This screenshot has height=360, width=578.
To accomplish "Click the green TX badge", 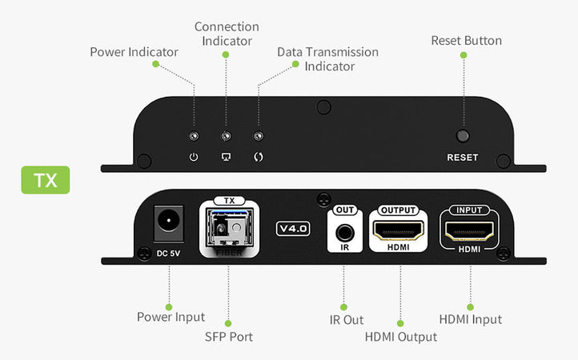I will point(46,180).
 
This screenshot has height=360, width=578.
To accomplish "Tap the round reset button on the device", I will point(462,137).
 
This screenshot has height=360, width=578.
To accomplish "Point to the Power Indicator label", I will point(134,52).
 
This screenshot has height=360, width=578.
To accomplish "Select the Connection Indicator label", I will point(227,34).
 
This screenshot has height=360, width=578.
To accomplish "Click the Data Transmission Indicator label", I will point(327,58).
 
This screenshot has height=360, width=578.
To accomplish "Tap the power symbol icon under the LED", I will point(193,156).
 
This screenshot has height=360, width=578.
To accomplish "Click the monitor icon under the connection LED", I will point(226,156).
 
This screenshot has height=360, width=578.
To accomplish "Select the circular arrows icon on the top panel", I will point(258,156).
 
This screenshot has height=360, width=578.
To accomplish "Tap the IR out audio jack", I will point(345,234).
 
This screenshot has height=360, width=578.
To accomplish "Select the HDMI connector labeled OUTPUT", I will point(399,231).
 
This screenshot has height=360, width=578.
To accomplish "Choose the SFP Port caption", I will point(228,337).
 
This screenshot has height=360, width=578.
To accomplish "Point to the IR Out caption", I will point(346,320).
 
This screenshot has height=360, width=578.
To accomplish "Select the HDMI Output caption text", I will point(400,337).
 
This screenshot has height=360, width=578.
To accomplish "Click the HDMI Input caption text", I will point(470,319).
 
